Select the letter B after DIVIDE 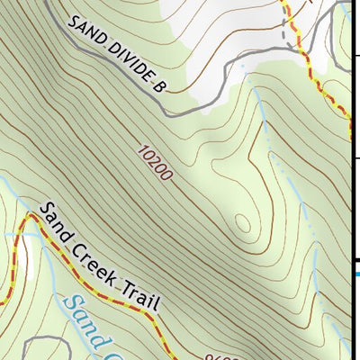pyautogui.click(x=160, y=85)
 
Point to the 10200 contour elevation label pyautogui.click(x=155, y=163)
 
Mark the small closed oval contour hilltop pyautogui.click(x=241, y=223)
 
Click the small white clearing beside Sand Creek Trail pyautogui.click(x=30, y=256)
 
